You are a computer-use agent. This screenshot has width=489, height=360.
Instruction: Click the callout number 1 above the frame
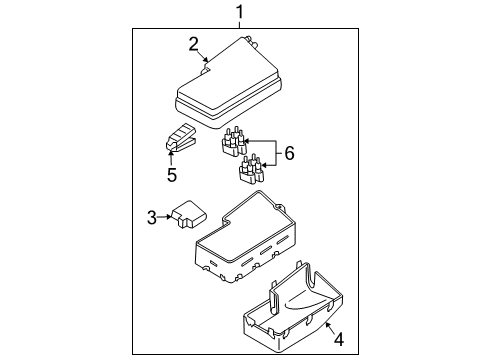(x=240, y=13)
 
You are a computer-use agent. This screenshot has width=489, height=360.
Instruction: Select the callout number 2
(x=194, y=45)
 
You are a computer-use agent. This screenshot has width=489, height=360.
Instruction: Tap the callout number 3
(x=152, y=217)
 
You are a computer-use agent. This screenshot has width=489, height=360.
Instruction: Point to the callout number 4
(x=339, y=339)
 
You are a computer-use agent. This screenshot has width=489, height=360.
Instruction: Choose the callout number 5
(x=172, y=175)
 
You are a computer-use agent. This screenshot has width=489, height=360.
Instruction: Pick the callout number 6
(x=289, y=153)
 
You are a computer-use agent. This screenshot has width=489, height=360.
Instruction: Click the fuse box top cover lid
(x=228, y=83)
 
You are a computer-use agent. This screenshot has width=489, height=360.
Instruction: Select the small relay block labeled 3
(x=189, y=214)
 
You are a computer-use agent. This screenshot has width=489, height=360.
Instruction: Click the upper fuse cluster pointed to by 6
(x=235, y=141)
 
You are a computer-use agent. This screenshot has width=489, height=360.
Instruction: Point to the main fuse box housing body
(x=245, y=237)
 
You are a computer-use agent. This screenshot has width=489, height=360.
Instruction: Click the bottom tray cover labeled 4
(x=293, y=308)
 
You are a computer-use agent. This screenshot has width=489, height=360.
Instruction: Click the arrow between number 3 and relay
(x=165, y=217)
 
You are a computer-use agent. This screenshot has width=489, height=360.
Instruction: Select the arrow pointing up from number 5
(x=171, y=158)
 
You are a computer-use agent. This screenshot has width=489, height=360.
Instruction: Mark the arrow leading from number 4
(x=330, y=328)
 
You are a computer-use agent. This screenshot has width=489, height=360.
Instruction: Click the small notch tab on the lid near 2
(x=207, y=69)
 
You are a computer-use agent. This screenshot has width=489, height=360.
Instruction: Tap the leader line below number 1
(x=239, y=25)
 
